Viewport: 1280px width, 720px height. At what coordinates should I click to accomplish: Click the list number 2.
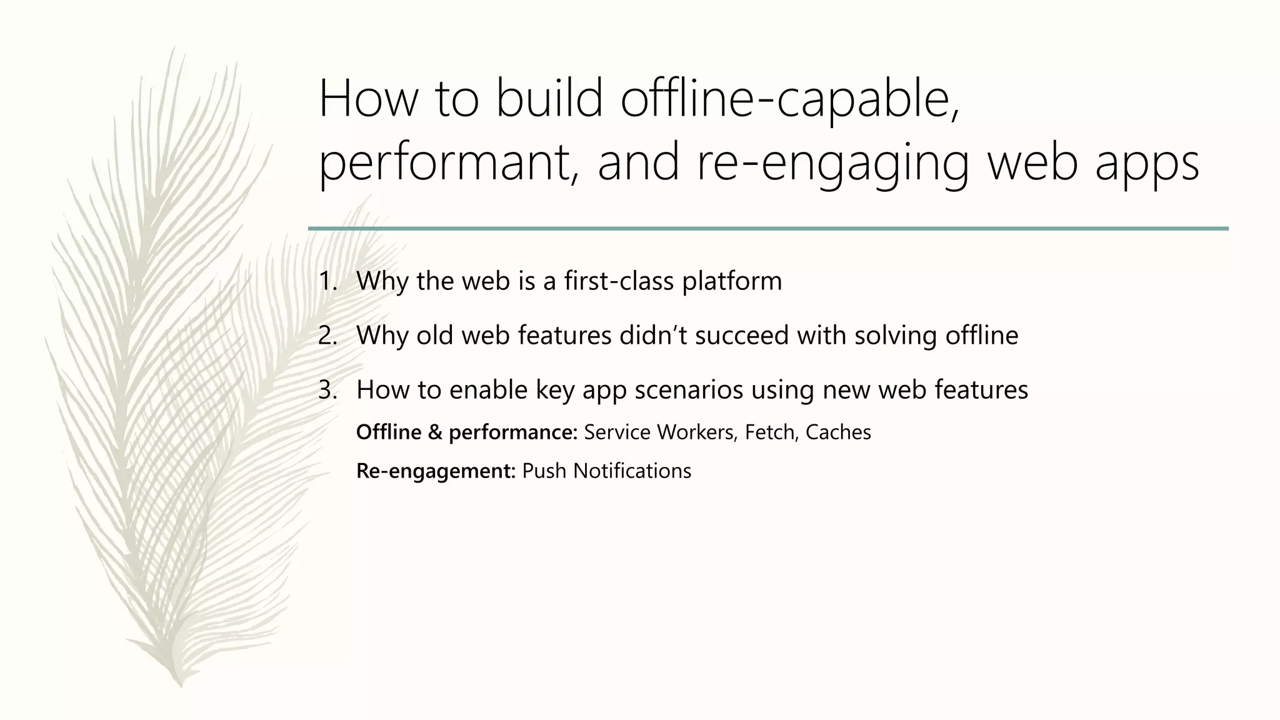(327, 336)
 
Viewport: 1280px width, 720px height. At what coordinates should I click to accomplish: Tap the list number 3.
(327, 390)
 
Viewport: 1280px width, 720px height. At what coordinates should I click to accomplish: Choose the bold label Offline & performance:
(466, 432)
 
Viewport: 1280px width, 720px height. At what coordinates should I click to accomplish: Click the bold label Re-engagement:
(436, 471)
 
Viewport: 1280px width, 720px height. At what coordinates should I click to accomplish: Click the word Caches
(838, 432)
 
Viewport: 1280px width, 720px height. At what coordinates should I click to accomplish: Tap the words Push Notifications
(606, 471)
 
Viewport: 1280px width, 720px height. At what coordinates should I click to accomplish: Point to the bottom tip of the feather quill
(181, 686)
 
